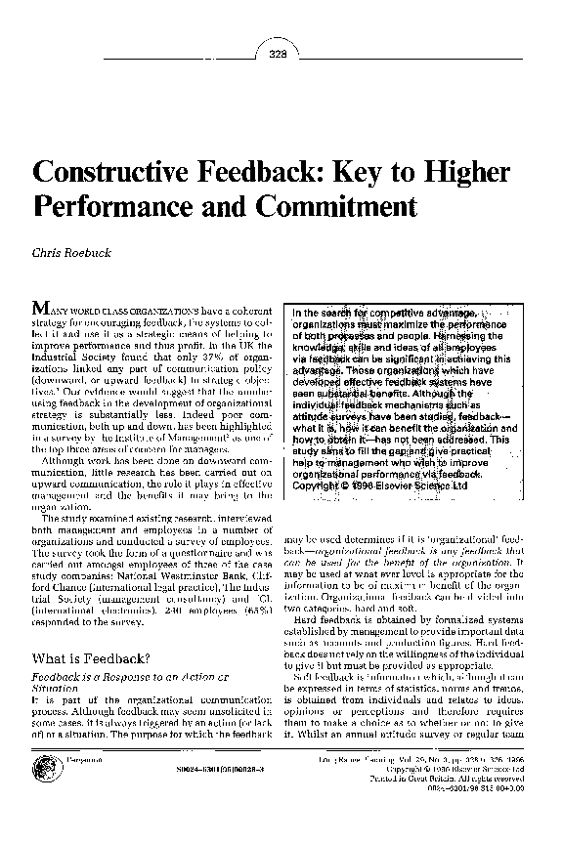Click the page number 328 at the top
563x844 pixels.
point(277,54)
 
